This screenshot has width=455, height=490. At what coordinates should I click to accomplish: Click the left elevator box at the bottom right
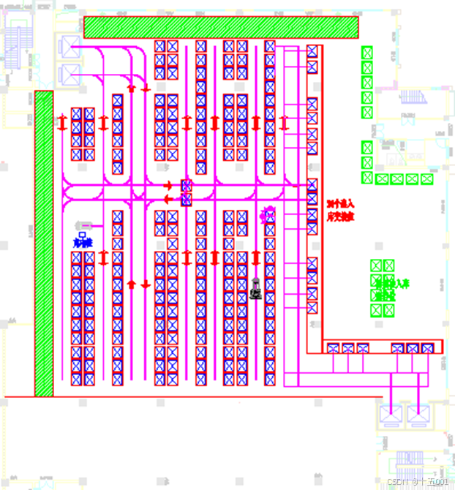(390, 413)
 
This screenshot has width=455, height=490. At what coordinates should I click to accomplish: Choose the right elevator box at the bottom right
(418, 413)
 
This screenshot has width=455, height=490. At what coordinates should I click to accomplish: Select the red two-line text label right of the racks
(340, 210)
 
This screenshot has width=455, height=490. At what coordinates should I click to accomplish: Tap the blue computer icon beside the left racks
(83, 235)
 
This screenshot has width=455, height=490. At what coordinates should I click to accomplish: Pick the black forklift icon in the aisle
(256, 289)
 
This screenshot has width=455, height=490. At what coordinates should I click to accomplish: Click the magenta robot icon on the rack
(268, 214)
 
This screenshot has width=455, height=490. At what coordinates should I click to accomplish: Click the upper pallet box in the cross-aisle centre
(187, 186)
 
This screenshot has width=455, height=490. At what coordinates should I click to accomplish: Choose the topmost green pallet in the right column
(367, 53)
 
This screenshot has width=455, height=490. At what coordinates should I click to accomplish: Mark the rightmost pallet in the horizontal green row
(427, 179)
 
